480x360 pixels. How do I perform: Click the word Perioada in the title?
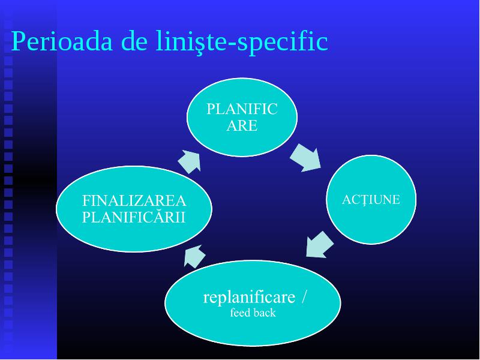click(62, 41)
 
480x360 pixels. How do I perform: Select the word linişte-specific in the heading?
click(242, 43)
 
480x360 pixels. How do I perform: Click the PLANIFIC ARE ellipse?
click(242, 117)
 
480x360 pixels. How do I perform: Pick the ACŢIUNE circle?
click(371, 200)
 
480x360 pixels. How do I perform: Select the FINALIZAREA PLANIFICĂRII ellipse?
click(134, 209)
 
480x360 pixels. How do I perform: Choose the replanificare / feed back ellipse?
click(253, 303)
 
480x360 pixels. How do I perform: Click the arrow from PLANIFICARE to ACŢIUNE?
click(306, 158)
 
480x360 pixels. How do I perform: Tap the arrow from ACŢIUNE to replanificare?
click(319, 245)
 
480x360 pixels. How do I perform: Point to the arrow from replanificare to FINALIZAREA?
click(194, 257)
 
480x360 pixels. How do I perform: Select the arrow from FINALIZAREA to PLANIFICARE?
click(190, 161)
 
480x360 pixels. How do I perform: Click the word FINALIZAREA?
click(134, 201)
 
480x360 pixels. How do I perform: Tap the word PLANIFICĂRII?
click(134, 217)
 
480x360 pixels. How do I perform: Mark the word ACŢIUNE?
click(371, 200)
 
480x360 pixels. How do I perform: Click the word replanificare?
click(249, 297)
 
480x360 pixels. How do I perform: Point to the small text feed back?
click(253, 313)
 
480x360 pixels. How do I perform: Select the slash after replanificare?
click(303, 296)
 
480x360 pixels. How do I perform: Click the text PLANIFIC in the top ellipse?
click(242, 109)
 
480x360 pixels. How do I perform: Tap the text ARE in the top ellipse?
click(242, 126)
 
